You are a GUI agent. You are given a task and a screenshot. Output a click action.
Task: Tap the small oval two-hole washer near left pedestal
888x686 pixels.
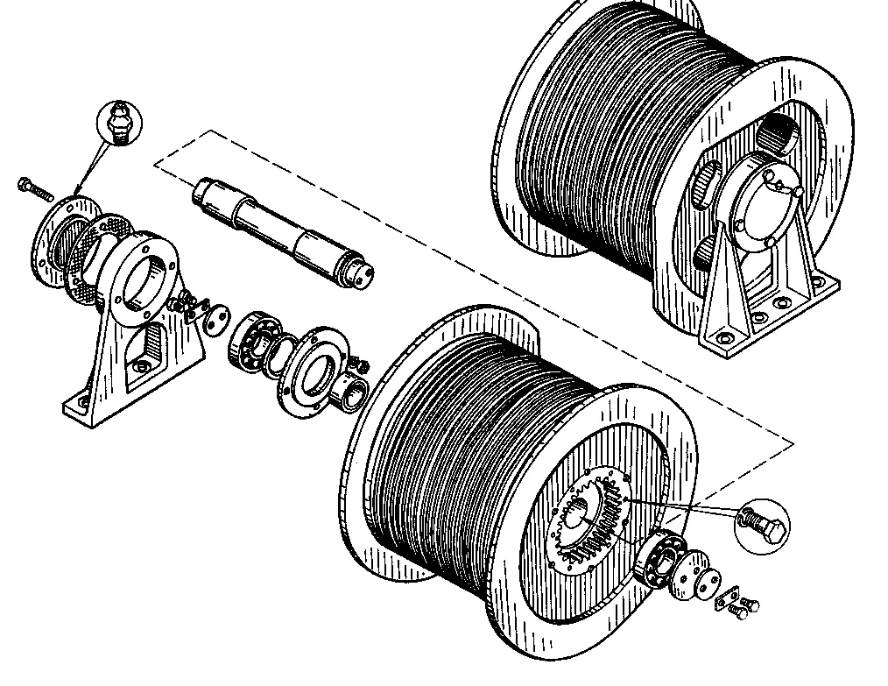pos(215,321)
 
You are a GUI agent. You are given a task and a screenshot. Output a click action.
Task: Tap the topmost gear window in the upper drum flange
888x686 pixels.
pos(779,132)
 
